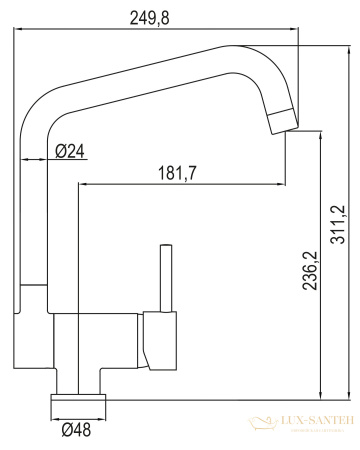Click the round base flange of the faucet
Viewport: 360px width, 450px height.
[79, 404]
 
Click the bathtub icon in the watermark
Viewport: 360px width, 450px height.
[264, 424]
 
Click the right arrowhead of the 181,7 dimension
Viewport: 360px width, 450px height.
[282, 184]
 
